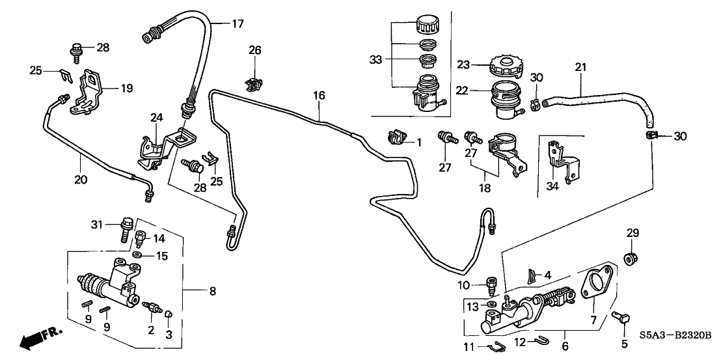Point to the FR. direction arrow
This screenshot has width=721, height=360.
(39, 338)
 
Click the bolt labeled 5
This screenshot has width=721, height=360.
(623, 320)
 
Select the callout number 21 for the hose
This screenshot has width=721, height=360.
(580, 67)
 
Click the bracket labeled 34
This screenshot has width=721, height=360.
(561, 162)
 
